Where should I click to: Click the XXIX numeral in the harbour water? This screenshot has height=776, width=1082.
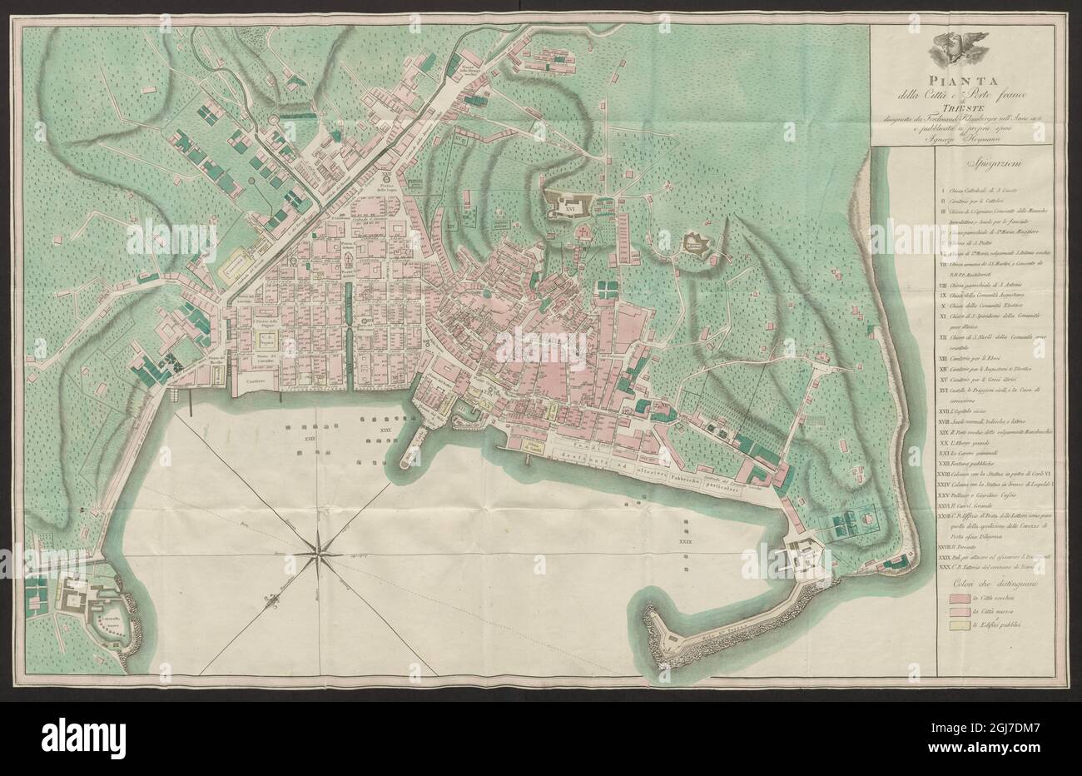(x=687, y=541)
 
